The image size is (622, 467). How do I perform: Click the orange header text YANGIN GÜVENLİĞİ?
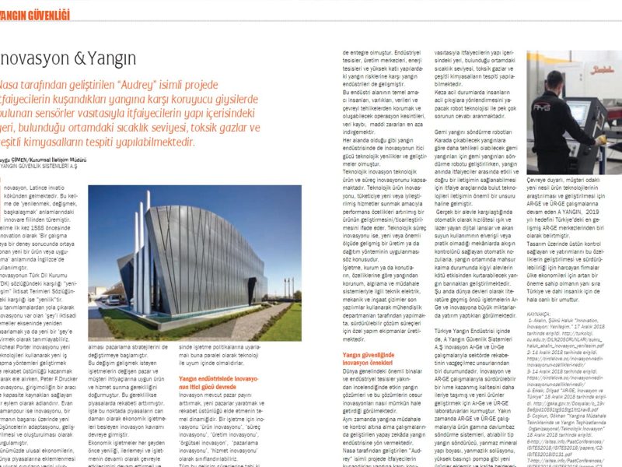pos(35,14)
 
